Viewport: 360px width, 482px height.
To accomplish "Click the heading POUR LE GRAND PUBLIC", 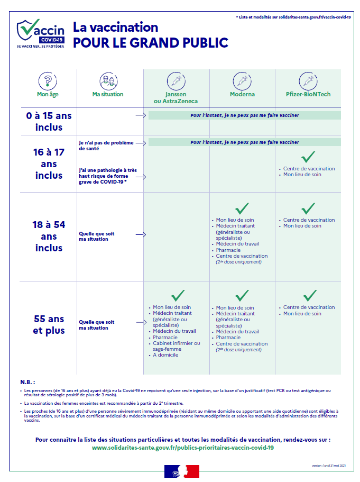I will pyautogui.click(x=151, y=43).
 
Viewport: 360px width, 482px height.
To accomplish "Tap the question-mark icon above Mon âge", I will pyautogui.click(x=48, y=81).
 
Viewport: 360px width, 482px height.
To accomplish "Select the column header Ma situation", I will pyautogui.click(x=108, y=94).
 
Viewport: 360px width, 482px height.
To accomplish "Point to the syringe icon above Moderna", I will pyautogui.click(x=242, y=81).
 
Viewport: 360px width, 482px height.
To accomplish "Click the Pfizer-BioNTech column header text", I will pyautogui.click(x=308, y=94).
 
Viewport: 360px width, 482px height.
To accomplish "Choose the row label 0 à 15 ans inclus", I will pyautogui.click(x=49, y=121).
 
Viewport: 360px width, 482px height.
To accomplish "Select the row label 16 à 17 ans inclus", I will pyautogui.click(x=49, y=163).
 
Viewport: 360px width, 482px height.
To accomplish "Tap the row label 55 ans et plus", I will pyautogui.click(x=49, y=325).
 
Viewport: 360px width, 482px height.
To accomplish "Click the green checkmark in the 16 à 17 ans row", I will pyautogui.click(x=308, y=157).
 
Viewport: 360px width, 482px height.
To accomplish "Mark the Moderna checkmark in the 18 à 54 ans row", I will pyautogui.click(x=242, y=208).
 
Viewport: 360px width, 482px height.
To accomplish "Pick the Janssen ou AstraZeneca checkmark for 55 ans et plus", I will pyautogui.click(x=177, y=295).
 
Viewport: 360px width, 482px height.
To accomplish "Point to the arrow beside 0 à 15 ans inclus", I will pyautogui.click(x=140, y=115).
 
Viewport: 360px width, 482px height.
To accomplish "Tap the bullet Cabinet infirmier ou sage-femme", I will pyautogui.click(x=176, y=346).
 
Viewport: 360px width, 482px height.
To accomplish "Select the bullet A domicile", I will pyautogui.click(x=165, y=355).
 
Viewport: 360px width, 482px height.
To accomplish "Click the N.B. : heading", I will pyautogui.click(x=28, y=381).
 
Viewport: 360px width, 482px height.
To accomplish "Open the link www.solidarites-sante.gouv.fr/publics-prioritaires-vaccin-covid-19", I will pyautogui.click(x=183, y=448).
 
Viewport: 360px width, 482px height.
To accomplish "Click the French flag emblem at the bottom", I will pyautogui.click(x=182, y=470).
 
